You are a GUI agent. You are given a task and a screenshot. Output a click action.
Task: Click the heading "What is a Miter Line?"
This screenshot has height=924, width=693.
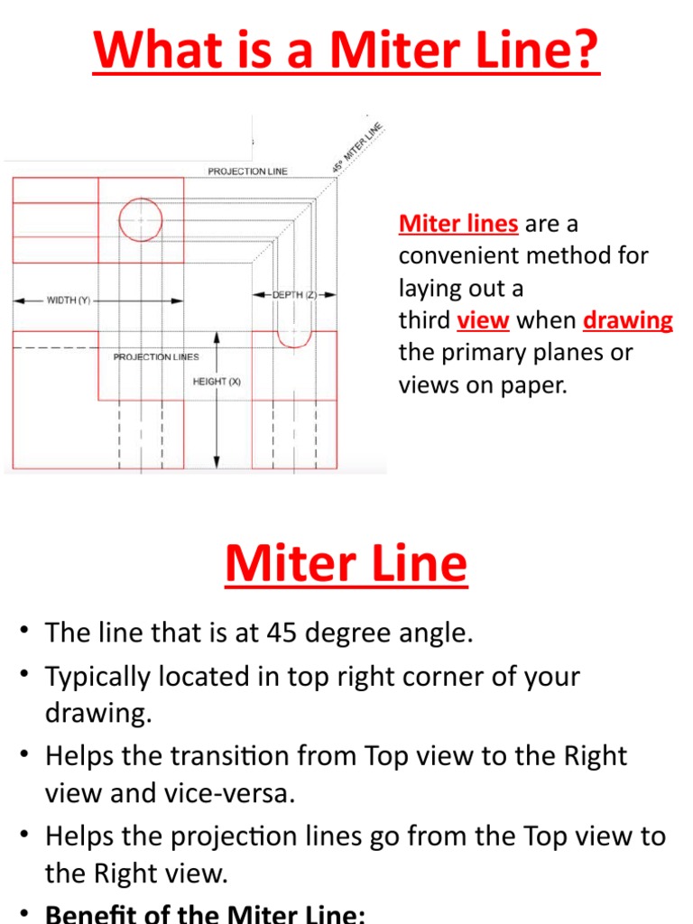[346, 51]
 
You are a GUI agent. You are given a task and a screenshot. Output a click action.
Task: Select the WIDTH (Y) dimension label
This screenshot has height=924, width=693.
[69, 300]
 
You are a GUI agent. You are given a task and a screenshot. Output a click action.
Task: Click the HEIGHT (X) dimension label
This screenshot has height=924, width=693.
[217, 382]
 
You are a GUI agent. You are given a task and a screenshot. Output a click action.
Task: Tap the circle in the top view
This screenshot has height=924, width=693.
[141, 219]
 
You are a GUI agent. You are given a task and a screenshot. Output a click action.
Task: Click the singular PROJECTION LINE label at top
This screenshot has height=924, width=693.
[248, 171]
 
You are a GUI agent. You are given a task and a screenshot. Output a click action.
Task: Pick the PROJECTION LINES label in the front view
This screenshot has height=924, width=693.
[156, 357]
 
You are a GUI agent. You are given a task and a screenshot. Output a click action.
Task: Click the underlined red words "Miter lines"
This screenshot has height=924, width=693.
[458, 223]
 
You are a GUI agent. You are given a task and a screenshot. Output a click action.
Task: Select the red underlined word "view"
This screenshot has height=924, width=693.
[483, 320]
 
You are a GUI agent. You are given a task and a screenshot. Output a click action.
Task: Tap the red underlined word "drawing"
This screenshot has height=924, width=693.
[628, 320]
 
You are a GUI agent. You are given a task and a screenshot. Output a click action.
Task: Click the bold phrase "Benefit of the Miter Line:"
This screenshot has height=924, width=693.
[205, 913]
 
